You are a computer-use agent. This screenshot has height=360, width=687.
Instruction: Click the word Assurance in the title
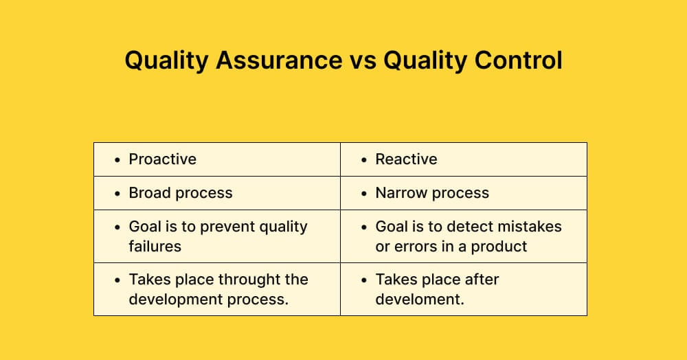(279, 60)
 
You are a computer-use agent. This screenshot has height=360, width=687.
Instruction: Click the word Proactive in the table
(163, 159)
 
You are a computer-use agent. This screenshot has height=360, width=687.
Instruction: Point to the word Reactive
(406, 159)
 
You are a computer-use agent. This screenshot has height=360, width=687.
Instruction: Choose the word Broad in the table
(148, 193)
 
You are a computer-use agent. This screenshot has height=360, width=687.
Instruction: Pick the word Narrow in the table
(400, 193)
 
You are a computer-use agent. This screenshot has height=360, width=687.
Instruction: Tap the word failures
(155, 246)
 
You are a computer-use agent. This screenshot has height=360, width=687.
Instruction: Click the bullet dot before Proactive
(118, 160)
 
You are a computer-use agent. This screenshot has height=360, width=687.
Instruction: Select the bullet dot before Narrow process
(365, 194)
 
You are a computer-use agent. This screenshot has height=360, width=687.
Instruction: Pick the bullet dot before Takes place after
(365, 280)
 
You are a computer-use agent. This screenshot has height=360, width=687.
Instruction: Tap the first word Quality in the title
(167, 60)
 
